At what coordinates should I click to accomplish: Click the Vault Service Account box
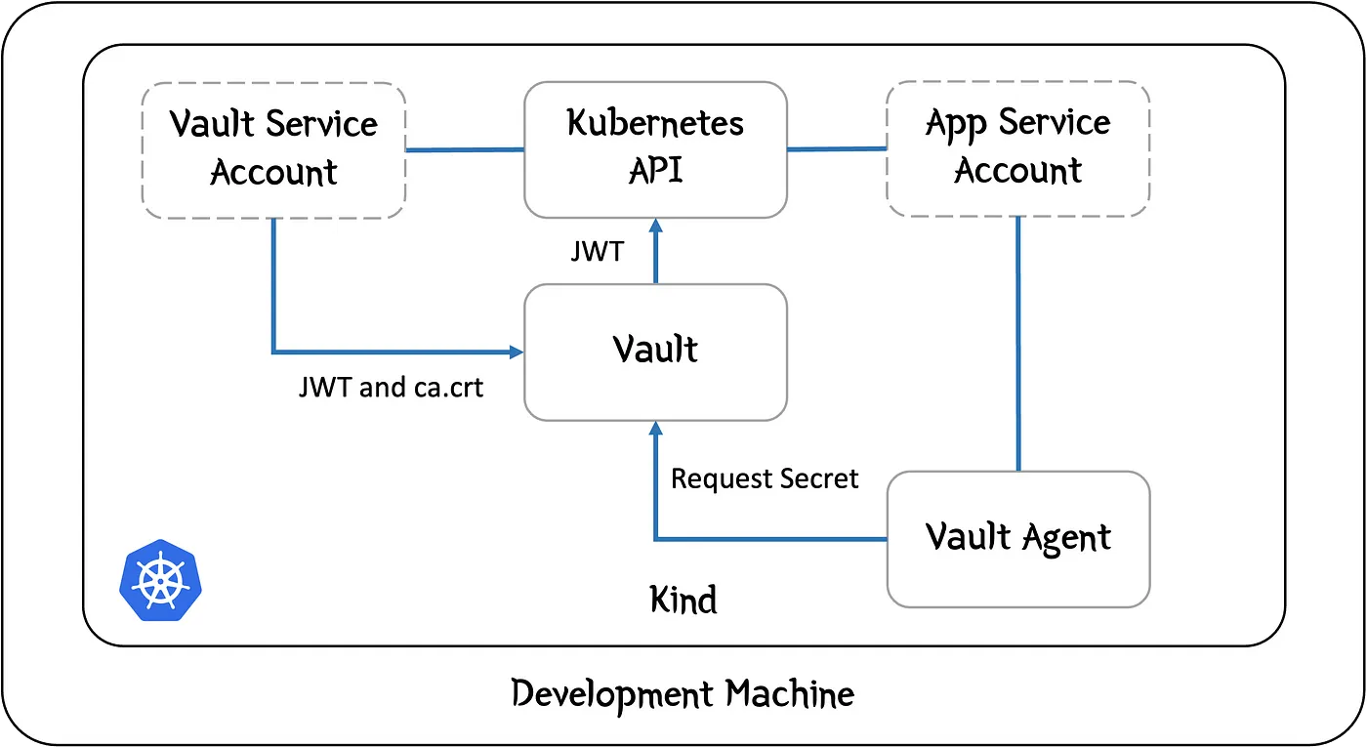tap(273, 148)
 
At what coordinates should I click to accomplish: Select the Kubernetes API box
tap(655, 148)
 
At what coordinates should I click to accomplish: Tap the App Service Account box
tap(1017, 148)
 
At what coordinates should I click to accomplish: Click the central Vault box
tap(655, 352)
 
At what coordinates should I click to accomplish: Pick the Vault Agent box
tap(1017, 539)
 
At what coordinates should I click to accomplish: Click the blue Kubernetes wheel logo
tap(162, 581)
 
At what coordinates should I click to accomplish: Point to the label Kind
tap(683, 599)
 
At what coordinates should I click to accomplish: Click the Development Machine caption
tap(683, 694)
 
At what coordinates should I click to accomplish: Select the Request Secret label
tap(765, 478)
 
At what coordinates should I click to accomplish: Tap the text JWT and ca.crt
tap(391, 388)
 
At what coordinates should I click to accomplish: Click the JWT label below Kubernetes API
tap(597, 252)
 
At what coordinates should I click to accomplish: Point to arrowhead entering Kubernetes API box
tap(656, 227)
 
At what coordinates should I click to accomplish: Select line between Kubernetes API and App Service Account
tap(837, 149)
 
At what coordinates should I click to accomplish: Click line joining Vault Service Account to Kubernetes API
tap(465, 149)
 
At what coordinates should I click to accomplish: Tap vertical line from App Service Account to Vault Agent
tap(1018, 342)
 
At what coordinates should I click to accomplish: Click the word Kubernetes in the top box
tap(655, 124)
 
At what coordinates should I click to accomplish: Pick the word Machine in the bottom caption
tap(789, 694)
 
